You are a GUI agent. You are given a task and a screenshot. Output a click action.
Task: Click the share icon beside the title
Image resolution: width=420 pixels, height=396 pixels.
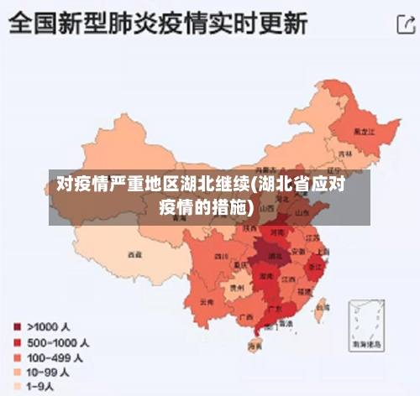point(402,26)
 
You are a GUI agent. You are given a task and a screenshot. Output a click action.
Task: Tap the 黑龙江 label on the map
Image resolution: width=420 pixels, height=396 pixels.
point(363,131)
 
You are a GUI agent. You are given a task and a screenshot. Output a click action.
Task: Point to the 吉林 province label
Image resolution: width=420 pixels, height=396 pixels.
point(345,154)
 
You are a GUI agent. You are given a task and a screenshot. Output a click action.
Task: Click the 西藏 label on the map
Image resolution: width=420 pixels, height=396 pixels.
point(134,253)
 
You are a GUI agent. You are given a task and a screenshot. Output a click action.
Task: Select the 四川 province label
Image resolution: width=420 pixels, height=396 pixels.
point(222,255)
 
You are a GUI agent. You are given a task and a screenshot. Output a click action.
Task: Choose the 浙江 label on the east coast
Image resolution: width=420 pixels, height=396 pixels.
point(316,266)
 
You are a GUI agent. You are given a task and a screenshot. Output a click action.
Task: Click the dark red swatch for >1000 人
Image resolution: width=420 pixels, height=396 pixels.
point(16,326)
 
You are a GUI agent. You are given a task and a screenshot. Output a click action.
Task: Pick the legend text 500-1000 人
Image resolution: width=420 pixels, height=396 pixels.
point(58,341)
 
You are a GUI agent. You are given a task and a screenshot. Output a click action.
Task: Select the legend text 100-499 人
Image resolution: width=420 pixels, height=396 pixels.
point(55,357)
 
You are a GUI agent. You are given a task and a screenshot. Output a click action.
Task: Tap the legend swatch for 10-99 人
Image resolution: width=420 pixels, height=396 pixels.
point(16,372)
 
